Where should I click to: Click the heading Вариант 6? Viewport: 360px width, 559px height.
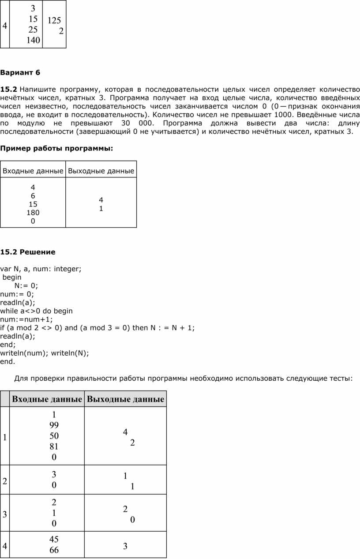click(20, 71)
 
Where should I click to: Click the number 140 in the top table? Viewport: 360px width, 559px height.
click(33, 41)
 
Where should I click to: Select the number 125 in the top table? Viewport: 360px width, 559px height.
click(54, 20)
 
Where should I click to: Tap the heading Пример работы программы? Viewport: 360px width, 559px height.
click(56, 149)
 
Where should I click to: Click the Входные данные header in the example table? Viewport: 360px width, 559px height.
click(33, 171)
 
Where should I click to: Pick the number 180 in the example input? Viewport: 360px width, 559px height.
click(33, 213)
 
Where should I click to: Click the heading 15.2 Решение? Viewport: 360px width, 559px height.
click(28, 252)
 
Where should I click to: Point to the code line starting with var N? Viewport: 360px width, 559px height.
click(41, 269)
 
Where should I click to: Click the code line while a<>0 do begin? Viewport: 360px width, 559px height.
click(36, 311)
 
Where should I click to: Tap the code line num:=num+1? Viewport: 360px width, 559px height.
click(26, 319)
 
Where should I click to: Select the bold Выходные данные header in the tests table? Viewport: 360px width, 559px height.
click(125, 400)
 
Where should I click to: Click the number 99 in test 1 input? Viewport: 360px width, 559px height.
click(54, 425)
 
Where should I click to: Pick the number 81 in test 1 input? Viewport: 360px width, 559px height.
click(54, 446)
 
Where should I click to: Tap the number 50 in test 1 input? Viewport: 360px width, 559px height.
click(54, 436)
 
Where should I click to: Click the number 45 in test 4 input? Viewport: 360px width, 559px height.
click(54, 540)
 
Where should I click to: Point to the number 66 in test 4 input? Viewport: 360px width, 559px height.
click(54, 550)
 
